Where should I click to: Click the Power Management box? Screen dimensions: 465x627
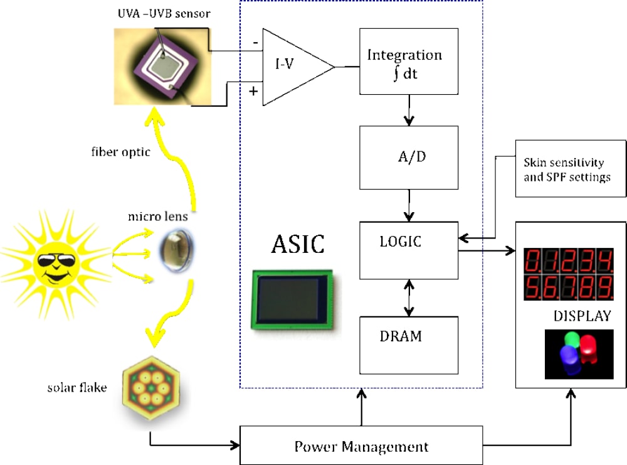coord(361,446)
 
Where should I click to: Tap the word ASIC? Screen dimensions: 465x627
coord(298,245)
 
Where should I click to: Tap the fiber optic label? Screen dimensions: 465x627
coord(119,152)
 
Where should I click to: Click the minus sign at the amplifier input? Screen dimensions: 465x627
coord(255,42)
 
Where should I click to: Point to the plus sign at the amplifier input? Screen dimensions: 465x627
coord(253,91)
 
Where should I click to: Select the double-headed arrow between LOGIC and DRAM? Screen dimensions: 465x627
coord(409,297)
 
